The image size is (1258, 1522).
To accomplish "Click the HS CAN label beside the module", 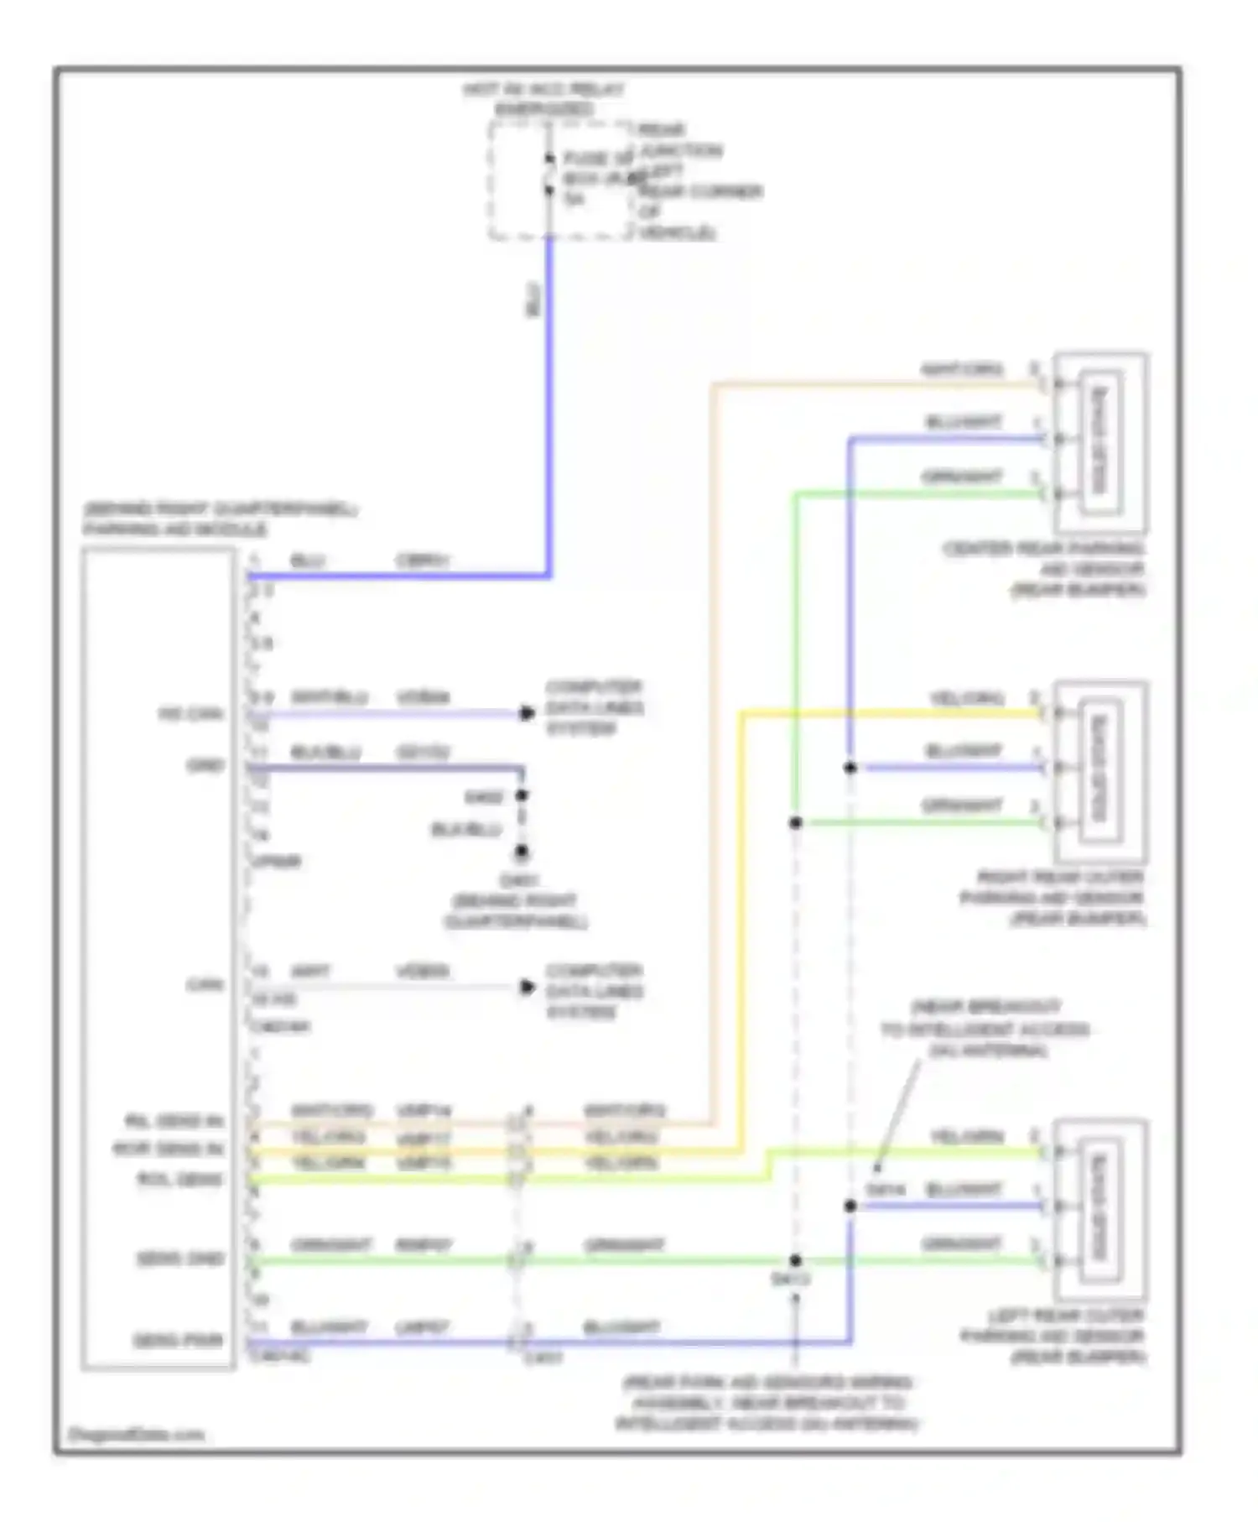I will (x=190, y=714).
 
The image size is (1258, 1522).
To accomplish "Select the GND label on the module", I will (x=205, y=765).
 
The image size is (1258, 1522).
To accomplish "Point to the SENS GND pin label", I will (x=181, y=1259).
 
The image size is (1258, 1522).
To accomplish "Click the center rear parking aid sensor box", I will (x=1099, y=442).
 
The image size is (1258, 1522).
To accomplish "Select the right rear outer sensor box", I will (x=1099, y=771).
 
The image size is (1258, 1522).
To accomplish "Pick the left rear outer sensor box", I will (x=1099, y=1209).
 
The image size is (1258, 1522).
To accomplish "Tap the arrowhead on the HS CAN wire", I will (x=527, y=713).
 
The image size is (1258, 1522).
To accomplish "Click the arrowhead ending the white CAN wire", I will (x=527, y=988).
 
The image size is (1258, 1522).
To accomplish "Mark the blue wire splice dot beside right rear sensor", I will (x=850, y=768).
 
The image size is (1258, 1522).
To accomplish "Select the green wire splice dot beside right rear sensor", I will (x=795, y=823).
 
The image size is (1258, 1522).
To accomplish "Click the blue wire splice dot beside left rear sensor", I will (x=850, y=1206).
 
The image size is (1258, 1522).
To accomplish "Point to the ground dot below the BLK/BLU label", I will (x=522, y=852).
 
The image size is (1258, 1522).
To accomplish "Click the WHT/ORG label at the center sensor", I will (x=962, y=369).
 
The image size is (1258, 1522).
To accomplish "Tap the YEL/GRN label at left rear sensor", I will (x=967, y=1137).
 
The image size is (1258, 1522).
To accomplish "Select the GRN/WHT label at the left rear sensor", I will (x=962, y=1243).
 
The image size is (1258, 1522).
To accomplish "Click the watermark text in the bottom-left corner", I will (x=136, y=1435).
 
